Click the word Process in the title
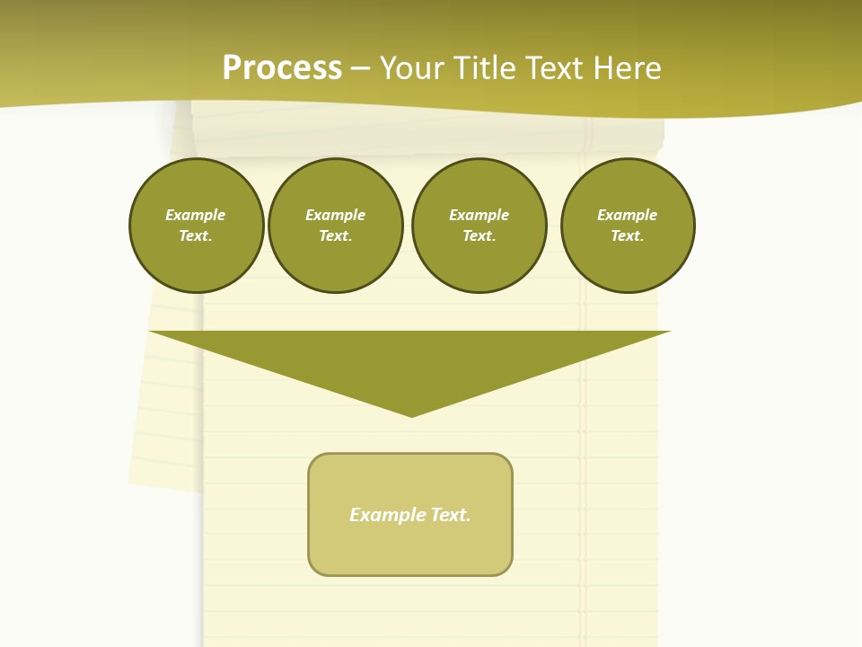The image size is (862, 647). tap(282, 68)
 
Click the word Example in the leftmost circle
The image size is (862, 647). tap(196, 215)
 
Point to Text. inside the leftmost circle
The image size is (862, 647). tap(196, 236)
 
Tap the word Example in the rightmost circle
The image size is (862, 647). tap(628, 215)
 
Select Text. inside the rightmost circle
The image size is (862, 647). tap(628, 236)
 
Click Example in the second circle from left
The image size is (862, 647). tap(336, 215)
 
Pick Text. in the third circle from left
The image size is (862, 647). tap(479, 236)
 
